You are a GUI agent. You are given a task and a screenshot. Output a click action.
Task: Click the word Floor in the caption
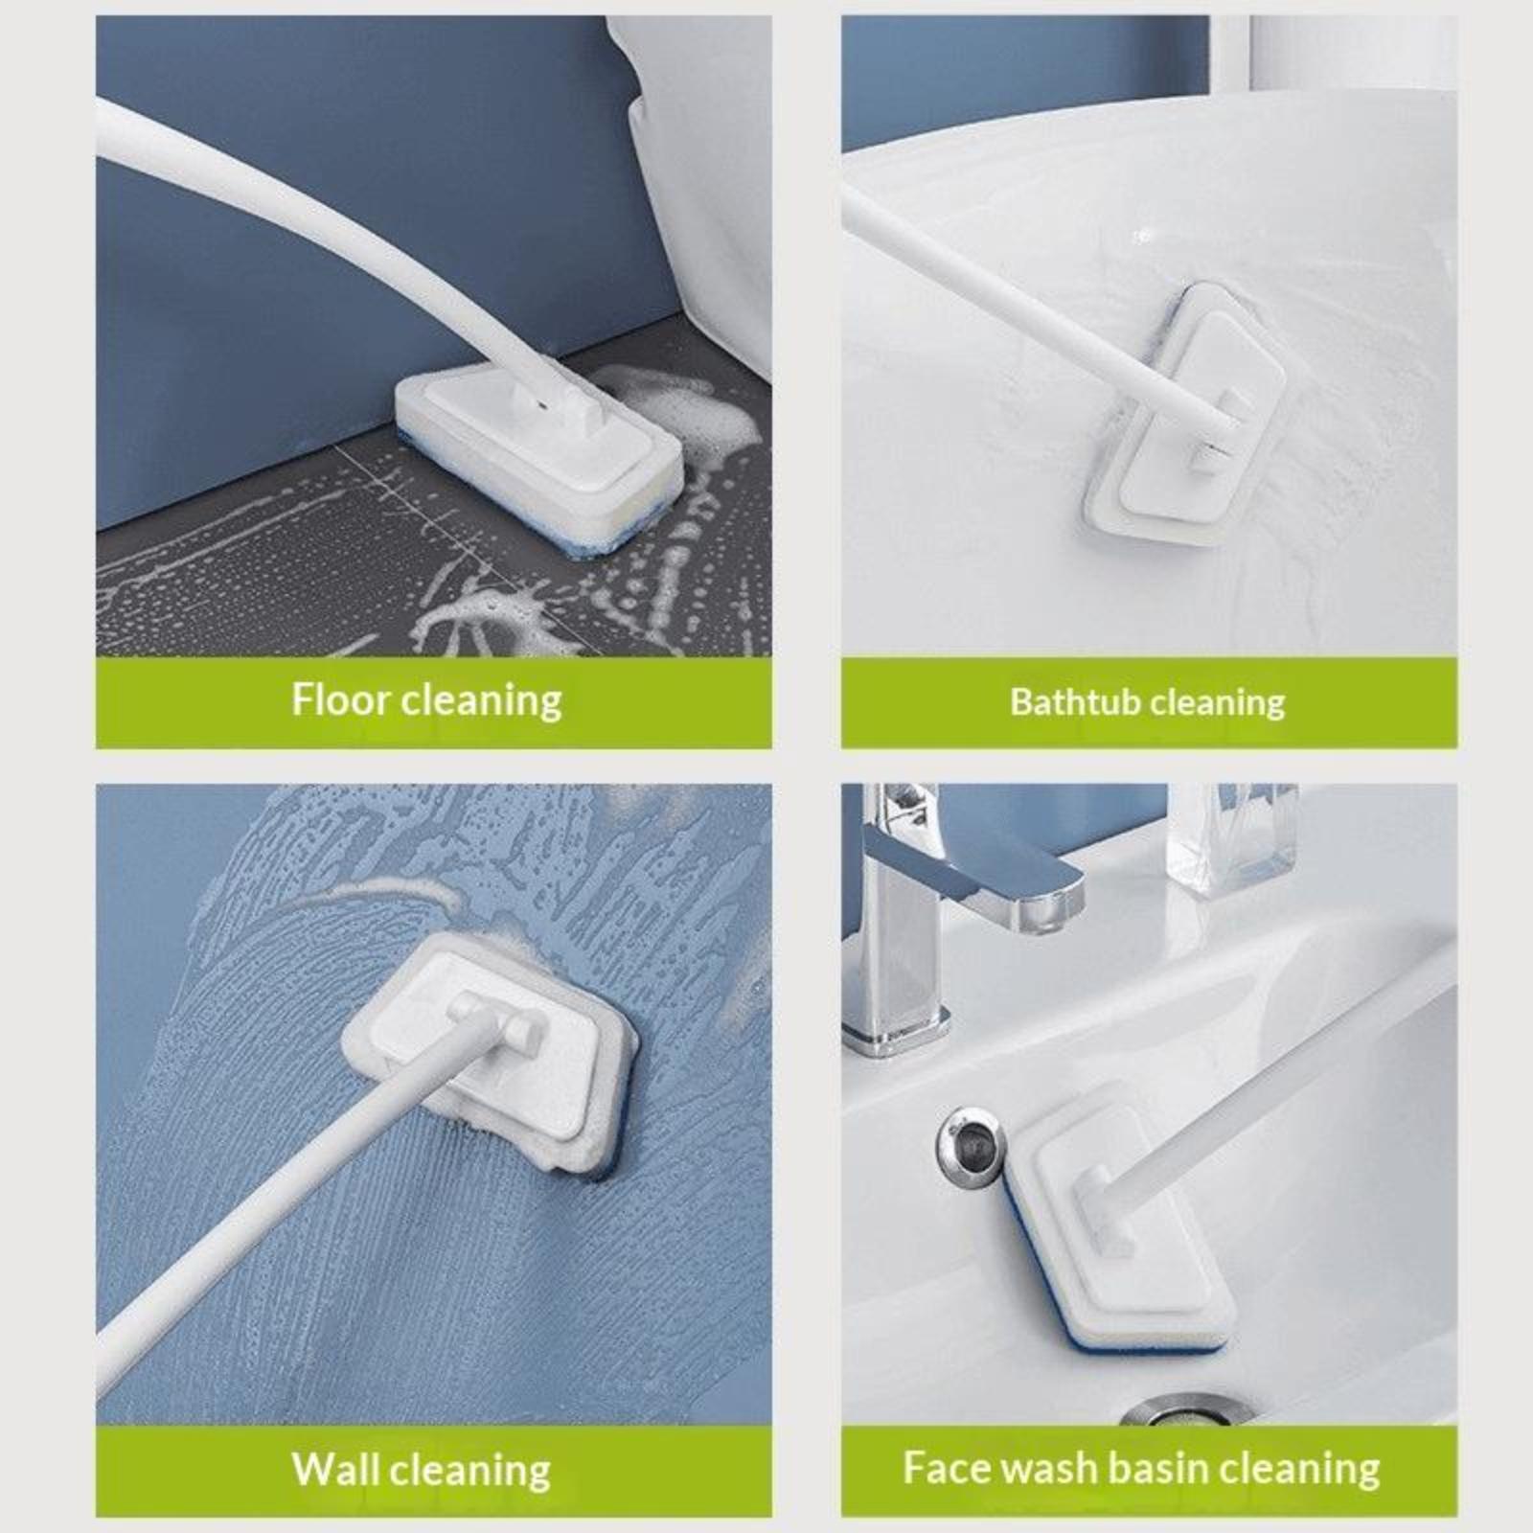341,699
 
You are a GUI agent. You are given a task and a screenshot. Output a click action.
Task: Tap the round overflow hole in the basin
969,1142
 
